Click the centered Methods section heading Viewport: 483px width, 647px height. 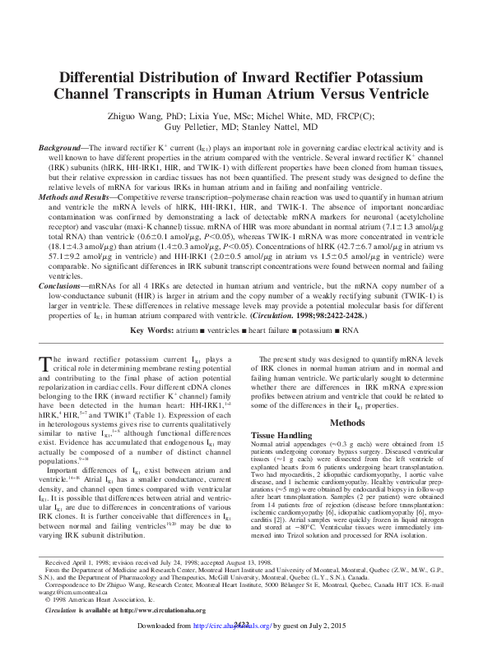[x=346, y=423]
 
